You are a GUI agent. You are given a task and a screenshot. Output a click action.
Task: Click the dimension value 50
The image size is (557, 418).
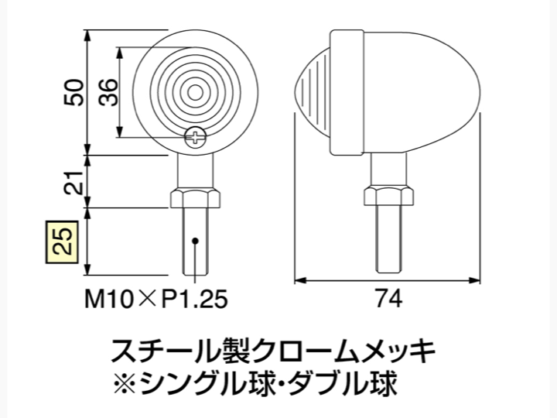(73, 92)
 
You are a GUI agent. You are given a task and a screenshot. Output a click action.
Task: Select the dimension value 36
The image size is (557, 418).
(108, 92)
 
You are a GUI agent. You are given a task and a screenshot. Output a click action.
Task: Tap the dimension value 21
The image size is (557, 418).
(73, 183)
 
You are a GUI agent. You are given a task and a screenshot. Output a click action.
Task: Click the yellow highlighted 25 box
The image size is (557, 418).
(62, 242)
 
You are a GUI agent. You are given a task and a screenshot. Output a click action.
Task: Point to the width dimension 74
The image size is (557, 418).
(388, 299)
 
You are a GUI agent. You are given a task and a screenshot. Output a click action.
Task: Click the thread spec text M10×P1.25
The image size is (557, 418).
(156, 299)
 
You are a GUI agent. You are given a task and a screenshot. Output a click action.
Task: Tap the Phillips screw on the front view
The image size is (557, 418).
(195, 138)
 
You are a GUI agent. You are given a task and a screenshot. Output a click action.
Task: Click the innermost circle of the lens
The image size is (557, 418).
(195, 93)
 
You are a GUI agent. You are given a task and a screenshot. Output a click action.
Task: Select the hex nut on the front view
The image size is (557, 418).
(195, 199)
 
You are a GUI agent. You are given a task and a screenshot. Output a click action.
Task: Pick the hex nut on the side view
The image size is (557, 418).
(388, 196)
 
